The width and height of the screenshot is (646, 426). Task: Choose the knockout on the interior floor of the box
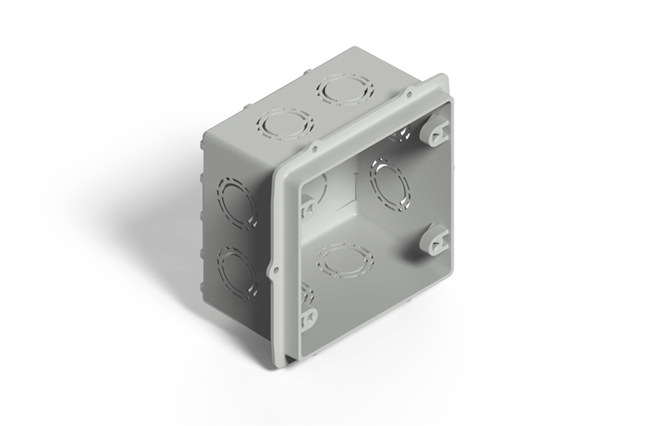tap(345, 262)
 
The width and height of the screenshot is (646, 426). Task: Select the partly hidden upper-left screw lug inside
tap(309, 207)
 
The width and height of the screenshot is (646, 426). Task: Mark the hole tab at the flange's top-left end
tap(316, 145)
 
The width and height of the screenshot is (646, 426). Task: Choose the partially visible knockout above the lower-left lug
tap(306, 292)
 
